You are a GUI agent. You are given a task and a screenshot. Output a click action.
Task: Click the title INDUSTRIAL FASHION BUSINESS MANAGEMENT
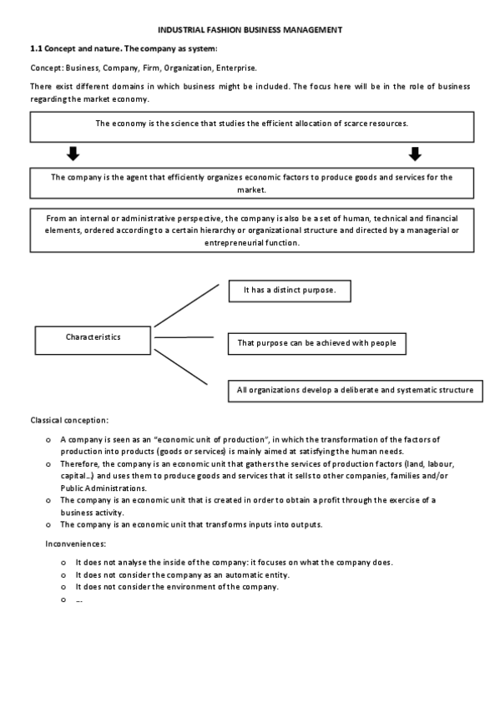coord(250,30)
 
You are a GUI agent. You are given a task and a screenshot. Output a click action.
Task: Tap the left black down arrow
coord(73,154)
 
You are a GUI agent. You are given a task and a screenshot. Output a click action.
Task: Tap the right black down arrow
coord(415,154)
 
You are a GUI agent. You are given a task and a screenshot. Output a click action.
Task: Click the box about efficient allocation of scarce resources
coord(251,125)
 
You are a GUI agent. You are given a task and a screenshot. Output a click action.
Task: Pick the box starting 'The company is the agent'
coord(251,183)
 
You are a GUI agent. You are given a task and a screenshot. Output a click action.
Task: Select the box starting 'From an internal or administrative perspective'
coord(251,230)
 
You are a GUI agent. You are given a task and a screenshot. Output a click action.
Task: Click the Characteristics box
coord(93,337)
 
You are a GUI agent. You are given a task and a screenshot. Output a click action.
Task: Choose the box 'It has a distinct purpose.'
coord(289,290)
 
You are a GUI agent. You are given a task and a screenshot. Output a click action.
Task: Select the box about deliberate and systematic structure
coord(355,390)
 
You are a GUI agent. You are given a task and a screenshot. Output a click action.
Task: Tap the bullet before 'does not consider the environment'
coord(63,587)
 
